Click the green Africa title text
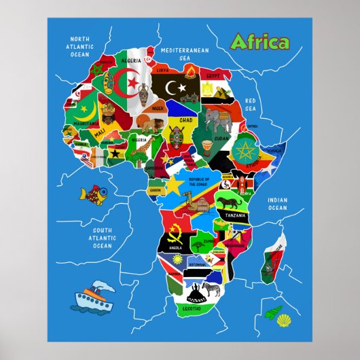[259, 42]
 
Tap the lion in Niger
[156, 123]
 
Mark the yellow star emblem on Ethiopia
[244, 149]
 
